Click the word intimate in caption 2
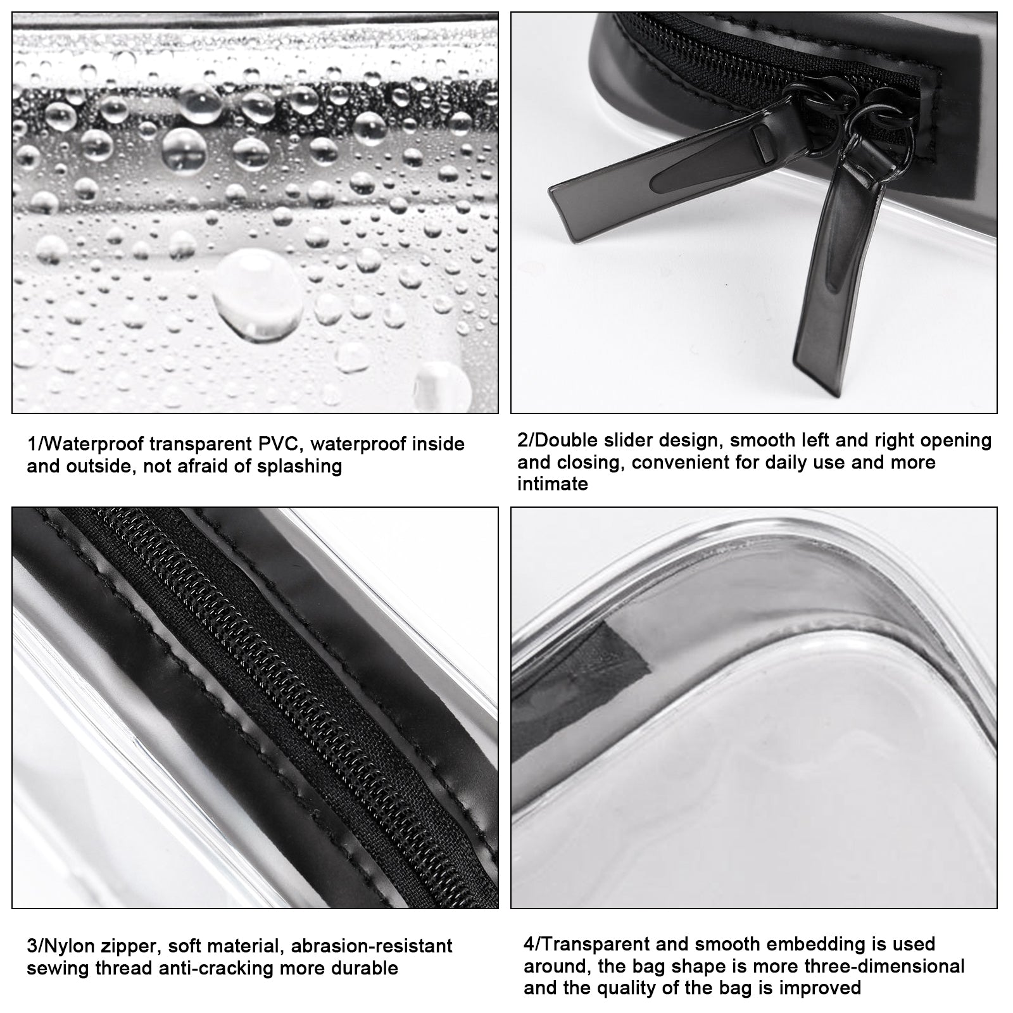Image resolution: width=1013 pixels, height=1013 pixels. (x=553, y=484)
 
